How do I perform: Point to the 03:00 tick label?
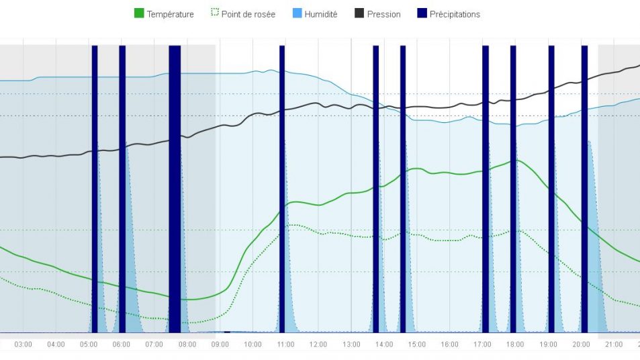coord(24,345)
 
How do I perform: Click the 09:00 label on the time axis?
coord(220,345)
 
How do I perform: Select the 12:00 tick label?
coord(318,345)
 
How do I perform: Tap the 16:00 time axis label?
coord(450,345)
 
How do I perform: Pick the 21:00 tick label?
coord(614,345)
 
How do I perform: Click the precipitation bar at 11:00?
coord(282,188)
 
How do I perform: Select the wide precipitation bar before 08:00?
coord(175,188)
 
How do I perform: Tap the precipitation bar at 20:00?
coord(584,188)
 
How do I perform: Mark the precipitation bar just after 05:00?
coord(95,188)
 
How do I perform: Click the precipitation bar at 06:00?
coord(122,188)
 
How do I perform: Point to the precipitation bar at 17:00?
coord(486,188)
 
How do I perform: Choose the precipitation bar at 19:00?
coord(551,188)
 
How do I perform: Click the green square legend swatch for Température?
coord(139,13)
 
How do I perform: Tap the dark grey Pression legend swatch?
coord(359,13)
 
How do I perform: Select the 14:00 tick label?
coord(384,345)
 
